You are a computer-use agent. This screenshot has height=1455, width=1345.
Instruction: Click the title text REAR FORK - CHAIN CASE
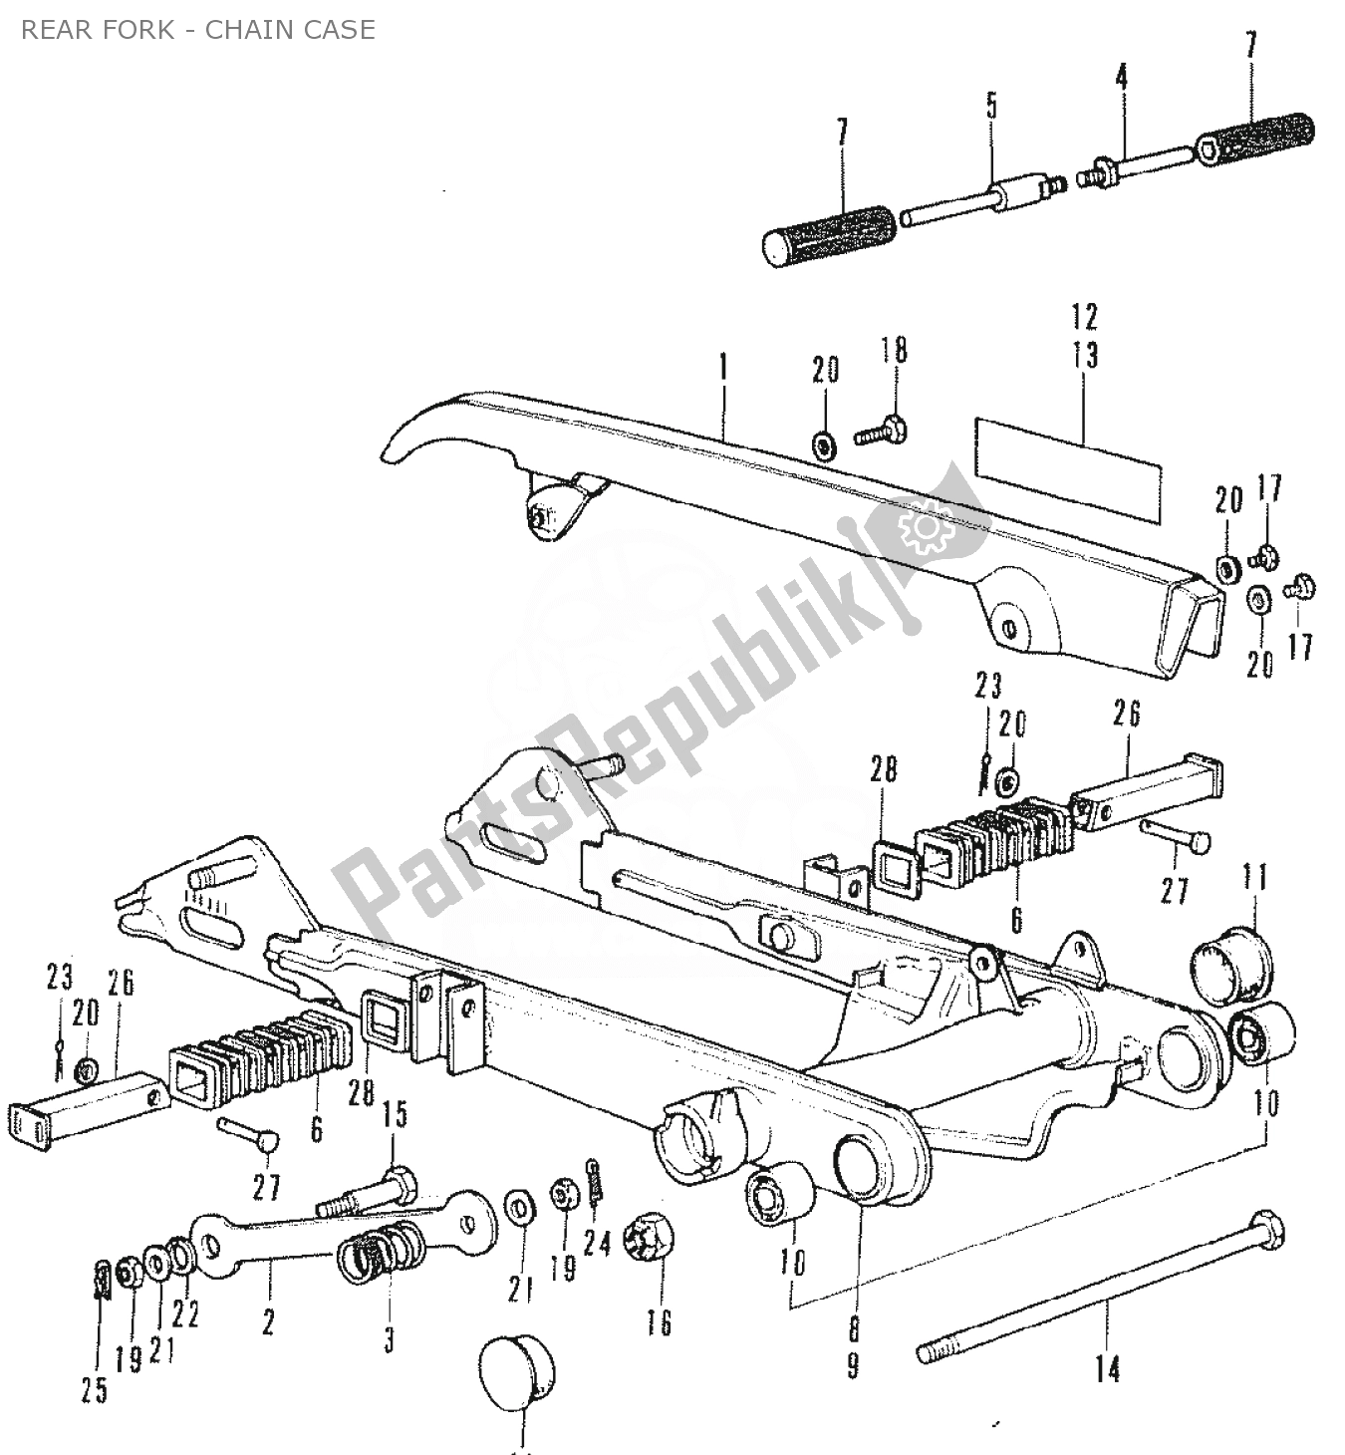198,30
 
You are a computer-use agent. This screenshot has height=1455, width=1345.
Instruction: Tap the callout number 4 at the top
1122,77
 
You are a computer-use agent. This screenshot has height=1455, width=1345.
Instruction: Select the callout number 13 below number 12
1086,354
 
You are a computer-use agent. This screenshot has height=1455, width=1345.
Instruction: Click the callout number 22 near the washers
185,1313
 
